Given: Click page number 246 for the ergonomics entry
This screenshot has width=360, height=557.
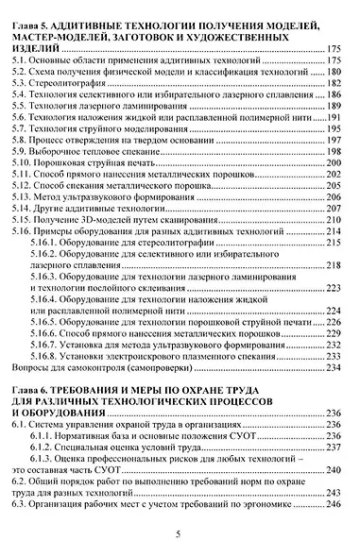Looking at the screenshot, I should pos(332,505).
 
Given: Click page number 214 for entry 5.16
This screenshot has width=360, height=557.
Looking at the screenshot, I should pos(332,230).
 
